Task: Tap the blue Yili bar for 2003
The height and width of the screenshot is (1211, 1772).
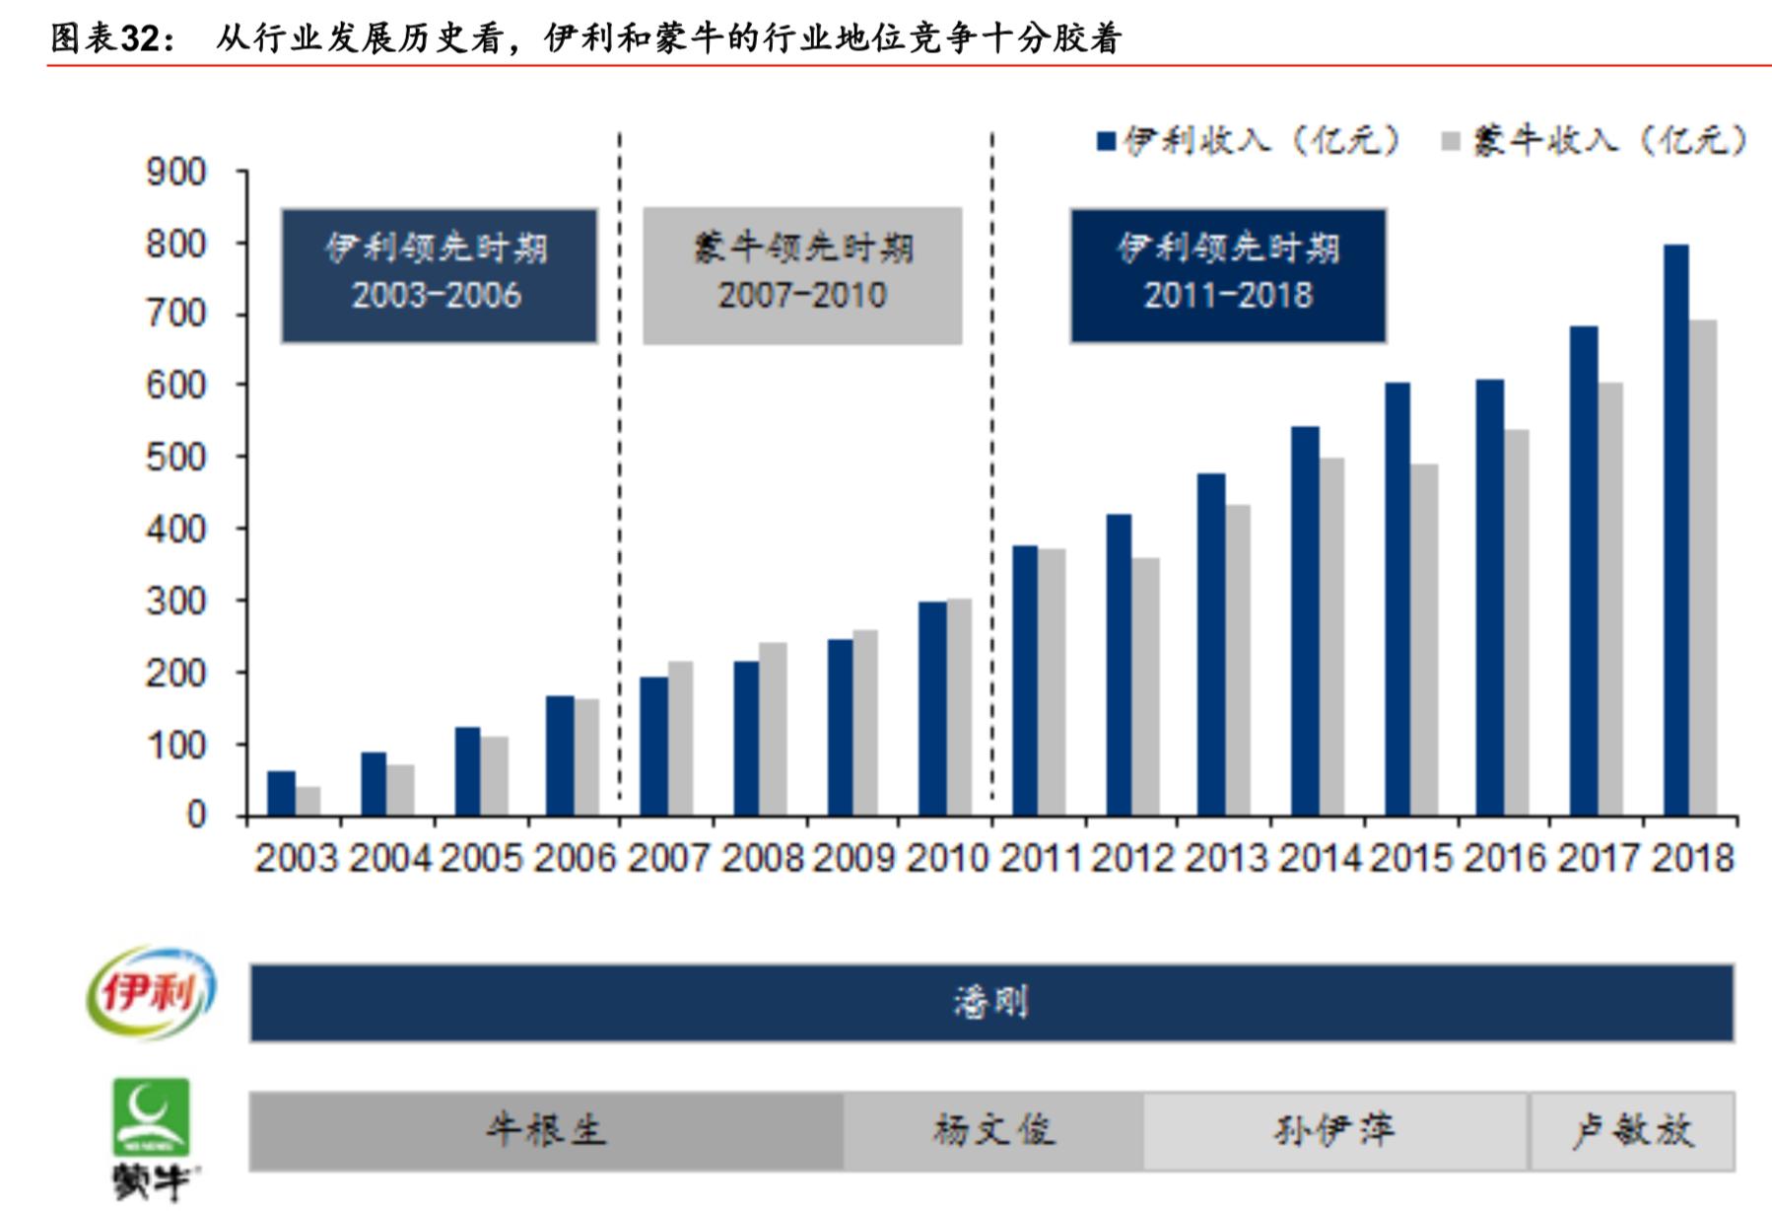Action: pos(281,793)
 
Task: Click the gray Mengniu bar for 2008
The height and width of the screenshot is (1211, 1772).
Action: pos(773,729)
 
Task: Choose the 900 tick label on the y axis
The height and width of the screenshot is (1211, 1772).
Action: pos(176,173)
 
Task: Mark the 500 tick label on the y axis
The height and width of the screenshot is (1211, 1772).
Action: pos(176,458)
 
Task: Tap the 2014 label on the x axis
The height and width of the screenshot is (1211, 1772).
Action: pos(1320,858)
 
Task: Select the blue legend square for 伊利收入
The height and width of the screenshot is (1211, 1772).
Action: pos(1106,142)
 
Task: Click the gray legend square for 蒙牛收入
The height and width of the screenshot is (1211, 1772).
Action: pos(1450,142)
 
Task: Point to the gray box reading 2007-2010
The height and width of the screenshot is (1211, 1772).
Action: pos(802,275)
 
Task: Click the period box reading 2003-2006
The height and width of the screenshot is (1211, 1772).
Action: pos(439,275)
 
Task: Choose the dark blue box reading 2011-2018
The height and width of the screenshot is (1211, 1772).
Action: pos(1228,275)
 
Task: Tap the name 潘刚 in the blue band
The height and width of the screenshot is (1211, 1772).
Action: pos(990,1003)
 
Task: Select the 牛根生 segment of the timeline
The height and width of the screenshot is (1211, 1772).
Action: pos(546,1130)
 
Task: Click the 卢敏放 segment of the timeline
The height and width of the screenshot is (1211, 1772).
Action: pos(1632,1130)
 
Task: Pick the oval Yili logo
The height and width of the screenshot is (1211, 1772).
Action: pos(151,992)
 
